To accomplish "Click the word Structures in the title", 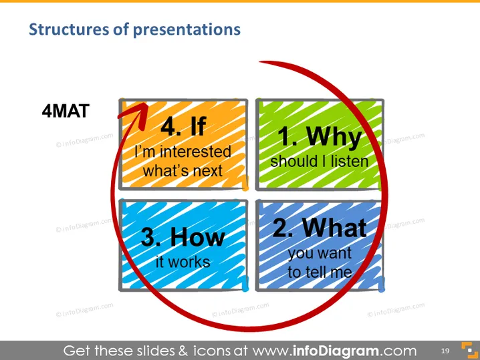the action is (x=69, y=29).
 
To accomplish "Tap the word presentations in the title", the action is (x=187, y=30).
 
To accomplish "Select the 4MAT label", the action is (x=66, y=111).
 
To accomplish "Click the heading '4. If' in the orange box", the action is (x=183, y=126).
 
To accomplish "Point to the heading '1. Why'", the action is (x=320, y=136).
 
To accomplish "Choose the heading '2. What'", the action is (x=320, y=228).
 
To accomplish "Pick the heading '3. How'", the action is (x=183, y=236).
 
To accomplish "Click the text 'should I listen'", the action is (x=320, y=161).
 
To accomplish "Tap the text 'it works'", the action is (x=183, y=262).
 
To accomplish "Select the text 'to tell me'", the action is (x=320, y=272).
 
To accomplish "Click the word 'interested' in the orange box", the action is (x=195, y=152).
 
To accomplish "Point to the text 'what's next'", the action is (x=183, y=171).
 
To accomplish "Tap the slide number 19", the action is (x=445, y=351).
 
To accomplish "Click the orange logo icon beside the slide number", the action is (x=469, y=350).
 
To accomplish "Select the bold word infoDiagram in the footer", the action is (x=336, y=351).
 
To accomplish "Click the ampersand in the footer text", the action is (x=183, y=351).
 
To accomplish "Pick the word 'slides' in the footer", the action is (x=156, y=351).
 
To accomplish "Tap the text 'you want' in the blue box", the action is (x=320, y=254).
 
